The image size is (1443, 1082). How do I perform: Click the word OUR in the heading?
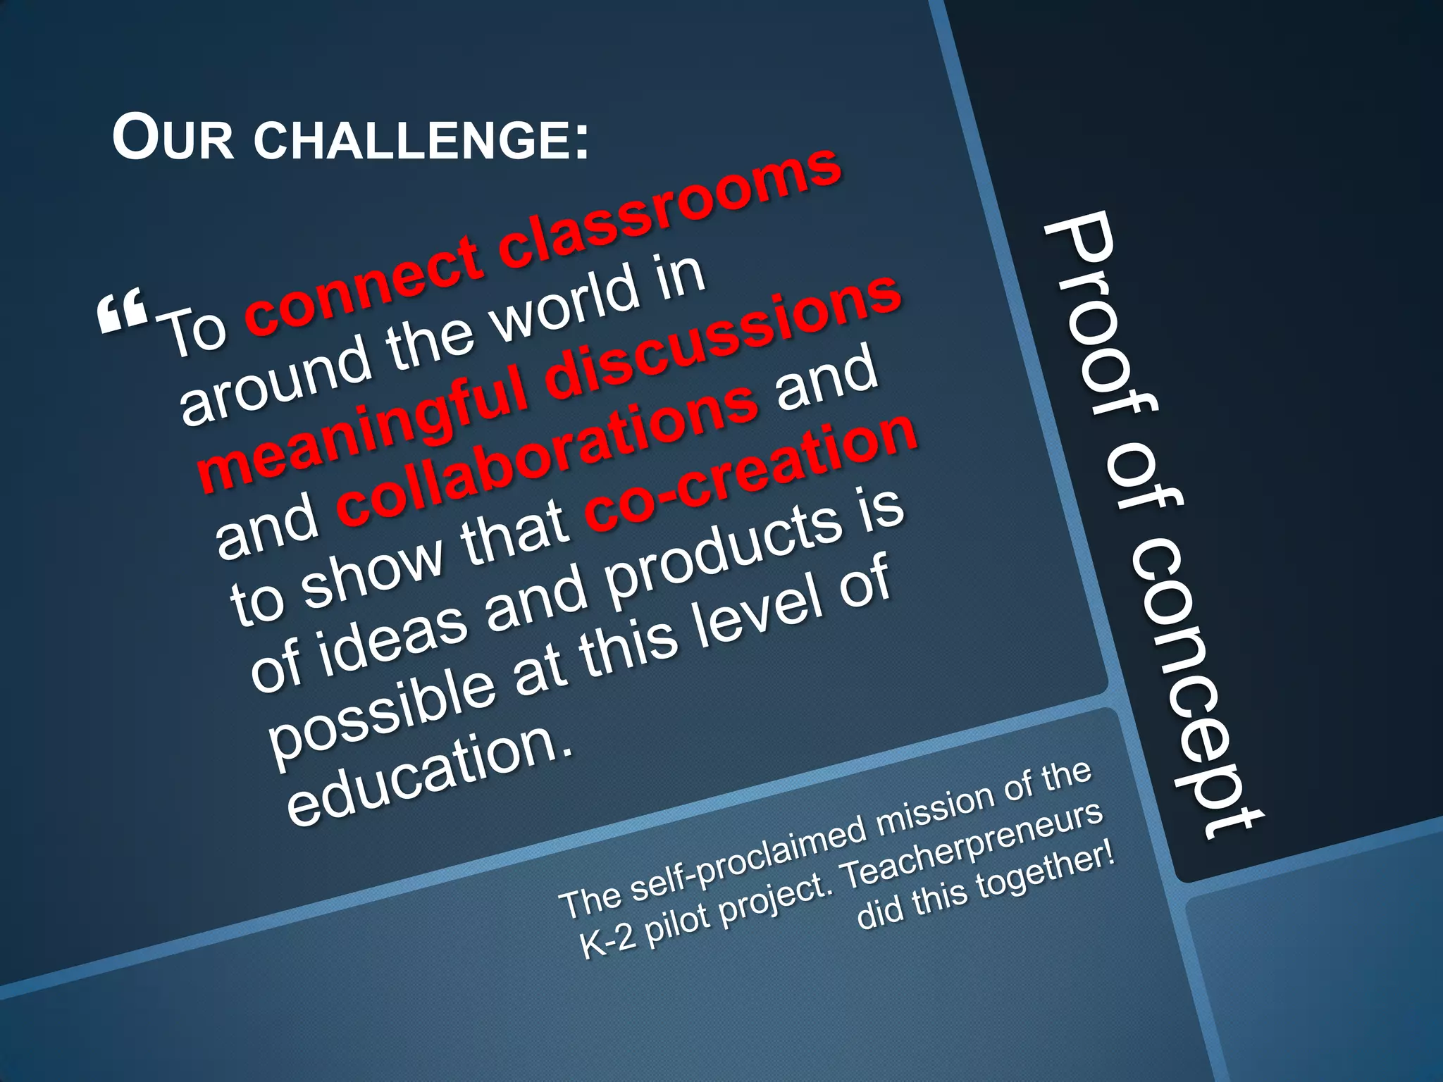click(x=173, y=139)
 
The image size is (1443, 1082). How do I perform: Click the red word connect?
click(x=366, y=285)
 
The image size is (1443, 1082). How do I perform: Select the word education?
click(x=430, y=778)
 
